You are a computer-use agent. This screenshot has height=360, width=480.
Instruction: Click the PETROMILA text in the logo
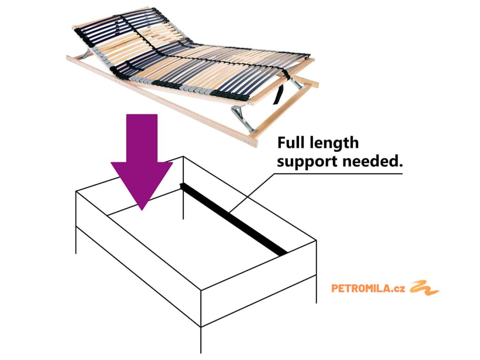[361, 288]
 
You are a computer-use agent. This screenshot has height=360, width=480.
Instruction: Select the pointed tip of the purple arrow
[142, 206]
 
